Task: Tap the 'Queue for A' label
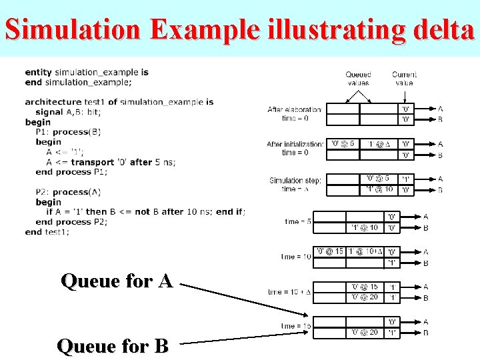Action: click(x=117, y=281)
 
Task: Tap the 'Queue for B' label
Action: click(x=113, y=346)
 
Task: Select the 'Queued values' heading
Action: click(x=358, y=79)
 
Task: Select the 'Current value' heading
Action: click(x=404, y=79)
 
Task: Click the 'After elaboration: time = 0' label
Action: click(x=294, y=113)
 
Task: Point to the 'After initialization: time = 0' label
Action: click(x=294, y=148)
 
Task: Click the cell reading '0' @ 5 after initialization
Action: click(x=343, y=144)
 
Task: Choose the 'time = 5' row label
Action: click(x=297, y=221)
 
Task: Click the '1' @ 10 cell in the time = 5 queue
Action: click(x=364, y=227)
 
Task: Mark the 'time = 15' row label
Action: click(x=295, y=326)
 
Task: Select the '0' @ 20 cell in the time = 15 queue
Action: click(x=364, y=332)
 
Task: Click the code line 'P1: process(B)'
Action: click(x=68, y=132)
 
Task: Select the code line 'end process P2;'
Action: click(x=71, y=222)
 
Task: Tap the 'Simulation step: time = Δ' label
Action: click(x=295, y=184)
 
